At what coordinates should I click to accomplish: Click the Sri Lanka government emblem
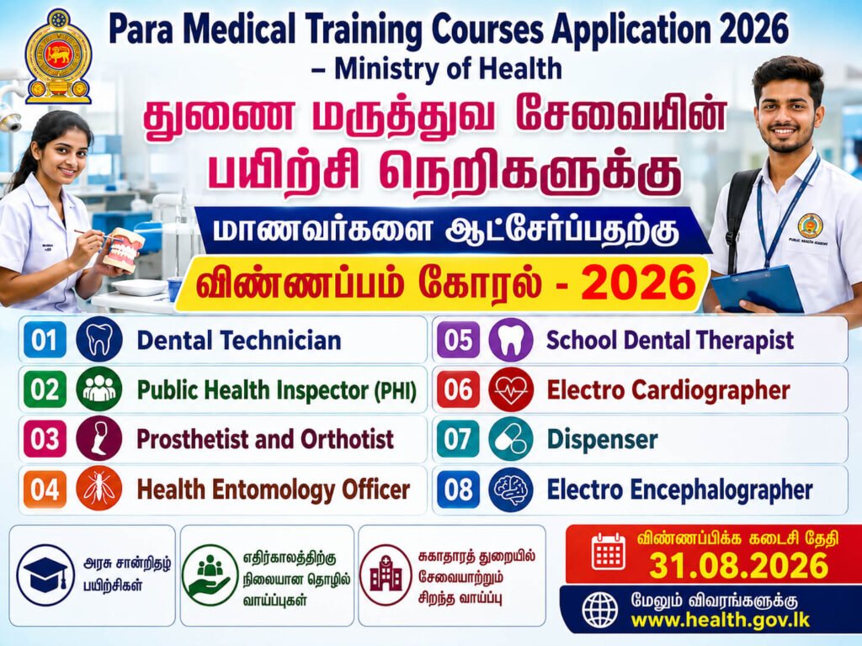point(58,56)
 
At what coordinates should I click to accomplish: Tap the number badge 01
point(45,340)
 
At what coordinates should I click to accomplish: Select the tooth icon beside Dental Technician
point(99,340)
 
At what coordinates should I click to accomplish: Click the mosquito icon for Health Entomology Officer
point(99,489)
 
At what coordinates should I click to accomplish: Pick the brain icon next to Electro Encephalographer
point(511,490)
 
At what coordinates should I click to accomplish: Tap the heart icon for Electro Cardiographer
point(511,389)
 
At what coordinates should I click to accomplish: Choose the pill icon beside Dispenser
point(511,439)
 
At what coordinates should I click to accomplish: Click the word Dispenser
point(602,439)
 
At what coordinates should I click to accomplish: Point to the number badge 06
point(458,389)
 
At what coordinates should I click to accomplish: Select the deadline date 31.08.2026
point(738,565)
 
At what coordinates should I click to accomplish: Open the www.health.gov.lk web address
point(721,620)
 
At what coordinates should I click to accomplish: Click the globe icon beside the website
point(599,610)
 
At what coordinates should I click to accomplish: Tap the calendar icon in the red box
point(609,551)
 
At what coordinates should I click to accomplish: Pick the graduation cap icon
point(45,575)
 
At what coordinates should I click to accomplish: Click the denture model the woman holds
point(124,249)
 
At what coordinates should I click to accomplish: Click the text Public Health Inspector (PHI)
point(276,390)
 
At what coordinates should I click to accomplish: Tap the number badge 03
point(45,439)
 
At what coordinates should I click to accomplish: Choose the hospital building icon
point(386,575)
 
